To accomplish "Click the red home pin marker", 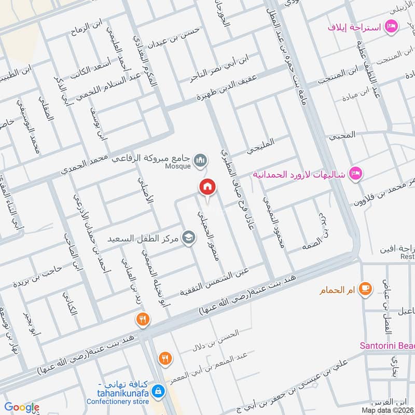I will point(208,187).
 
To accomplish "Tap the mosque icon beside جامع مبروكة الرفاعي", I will point(200,159).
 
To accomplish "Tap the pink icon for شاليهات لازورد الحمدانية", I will point(355,172).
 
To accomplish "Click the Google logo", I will point(21,407).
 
